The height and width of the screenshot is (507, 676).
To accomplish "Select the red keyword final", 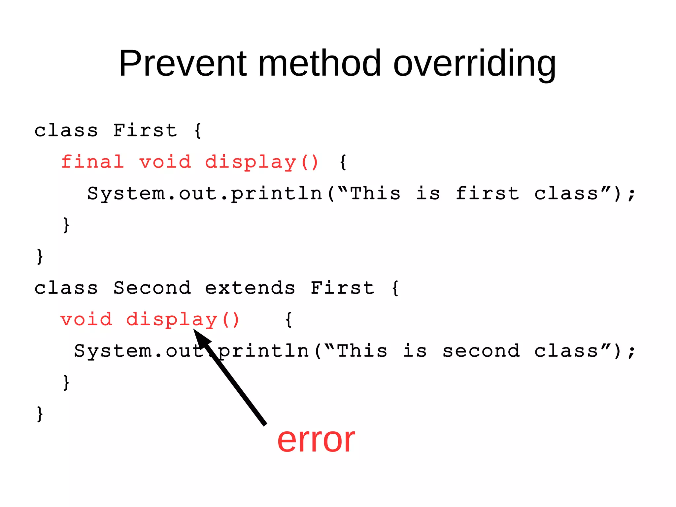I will click(93, 162).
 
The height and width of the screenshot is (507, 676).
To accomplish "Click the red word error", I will click(316, 440).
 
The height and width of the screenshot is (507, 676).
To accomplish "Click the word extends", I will click(250, 288).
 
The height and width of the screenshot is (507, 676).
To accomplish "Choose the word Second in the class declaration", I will click(152, 288).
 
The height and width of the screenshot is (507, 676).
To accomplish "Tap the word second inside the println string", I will click(481, 351).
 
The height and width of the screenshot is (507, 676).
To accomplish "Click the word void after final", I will click(165, 162).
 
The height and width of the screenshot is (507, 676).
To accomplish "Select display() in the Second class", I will click(183, 320).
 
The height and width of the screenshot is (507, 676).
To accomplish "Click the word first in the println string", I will click(487, 193).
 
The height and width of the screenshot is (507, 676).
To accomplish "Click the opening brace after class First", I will click(198, 130).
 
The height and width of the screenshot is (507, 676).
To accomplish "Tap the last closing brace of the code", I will click(40, 414).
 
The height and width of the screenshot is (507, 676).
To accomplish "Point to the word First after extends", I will click(342, 288).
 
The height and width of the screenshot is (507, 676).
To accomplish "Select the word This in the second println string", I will click(362, 351).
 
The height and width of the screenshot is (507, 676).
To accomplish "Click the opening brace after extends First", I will click(395, 288).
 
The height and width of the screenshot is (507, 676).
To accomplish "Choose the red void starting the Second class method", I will click(86, 319).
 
